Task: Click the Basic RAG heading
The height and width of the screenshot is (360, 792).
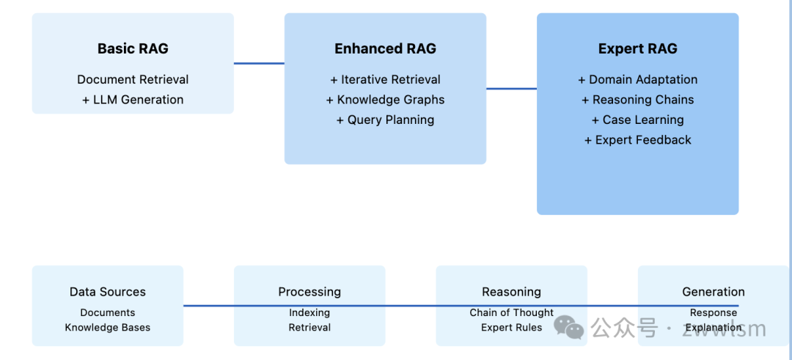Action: pyautogui.click(x=133, y=49)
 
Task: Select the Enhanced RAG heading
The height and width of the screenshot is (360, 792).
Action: pyautogui.click(x=385, y=49)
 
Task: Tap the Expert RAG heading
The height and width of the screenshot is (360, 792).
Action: pyautogui.click(x=637, y=49)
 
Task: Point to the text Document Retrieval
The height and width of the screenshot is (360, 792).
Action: pyautogui.click(x=133, y=80)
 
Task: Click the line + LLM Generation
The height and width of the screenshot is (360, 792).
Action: pyautogui.click(x=133, y=100)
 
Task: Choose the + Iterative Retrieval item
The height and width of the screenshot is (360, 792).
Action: pyautogui.click(x=385, y=80)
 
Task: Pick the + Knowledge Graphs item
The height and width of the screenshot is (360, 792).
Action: pyautogui.click(x=385, y=100)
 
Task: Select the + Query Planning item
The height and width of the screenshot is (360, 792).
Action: pyautogui.click(x=385, y=120)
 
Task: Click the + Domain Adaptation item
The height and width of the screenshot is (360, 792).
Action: pyautogui.click(x=637, y=80)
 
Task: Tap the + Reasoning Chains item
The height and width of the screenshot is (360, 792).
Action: pyautogui.click(x=637, y=100)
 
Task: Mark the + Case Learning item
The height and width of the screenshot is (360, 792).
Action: pyautogui.click(x=637, y=120)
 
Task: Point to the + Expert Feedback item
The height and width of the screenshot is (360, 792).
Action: pyautogui.click(x=637, y=140)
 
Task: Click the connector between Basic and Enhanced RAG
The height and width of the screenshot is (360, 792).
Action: pyautogui.click(x=259, y=63)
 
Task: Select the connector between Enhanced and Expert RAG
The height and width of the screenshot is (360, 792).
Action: pyautogui.click(x=511, y=89)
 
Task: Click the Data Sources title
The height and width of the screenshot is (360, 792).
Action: pyautogui.click(x=108, y=292)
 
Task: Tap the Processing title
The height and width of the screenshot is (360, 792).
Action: pyautogui.click(x=309, y=292)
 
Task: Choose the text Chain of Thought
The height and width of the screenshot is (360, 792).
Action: pyautogui.click(x=511, y=313)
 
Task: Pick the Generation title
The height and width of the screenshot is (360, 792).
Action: pyautogui.click(x=713, y=292)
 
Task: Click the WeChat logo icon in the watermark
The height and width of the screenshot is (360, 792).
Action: pyautogui.click(x=569, y=327)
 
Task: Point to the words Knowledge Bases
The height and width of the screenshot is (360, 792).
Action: pyautogui.click(x=108, y=328)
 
